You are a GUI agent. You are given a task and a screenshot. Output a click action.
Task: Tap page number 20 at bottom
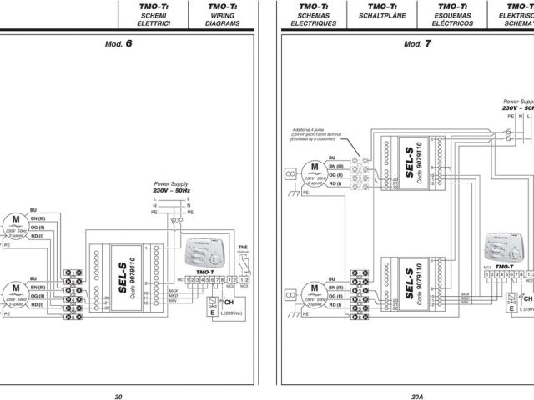118,373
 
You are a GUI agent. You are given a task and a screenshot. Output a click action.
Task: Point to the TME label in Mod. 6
243,247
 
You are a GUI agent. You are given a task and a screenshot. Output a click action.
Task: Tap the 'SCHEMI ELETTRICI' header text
153,20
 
